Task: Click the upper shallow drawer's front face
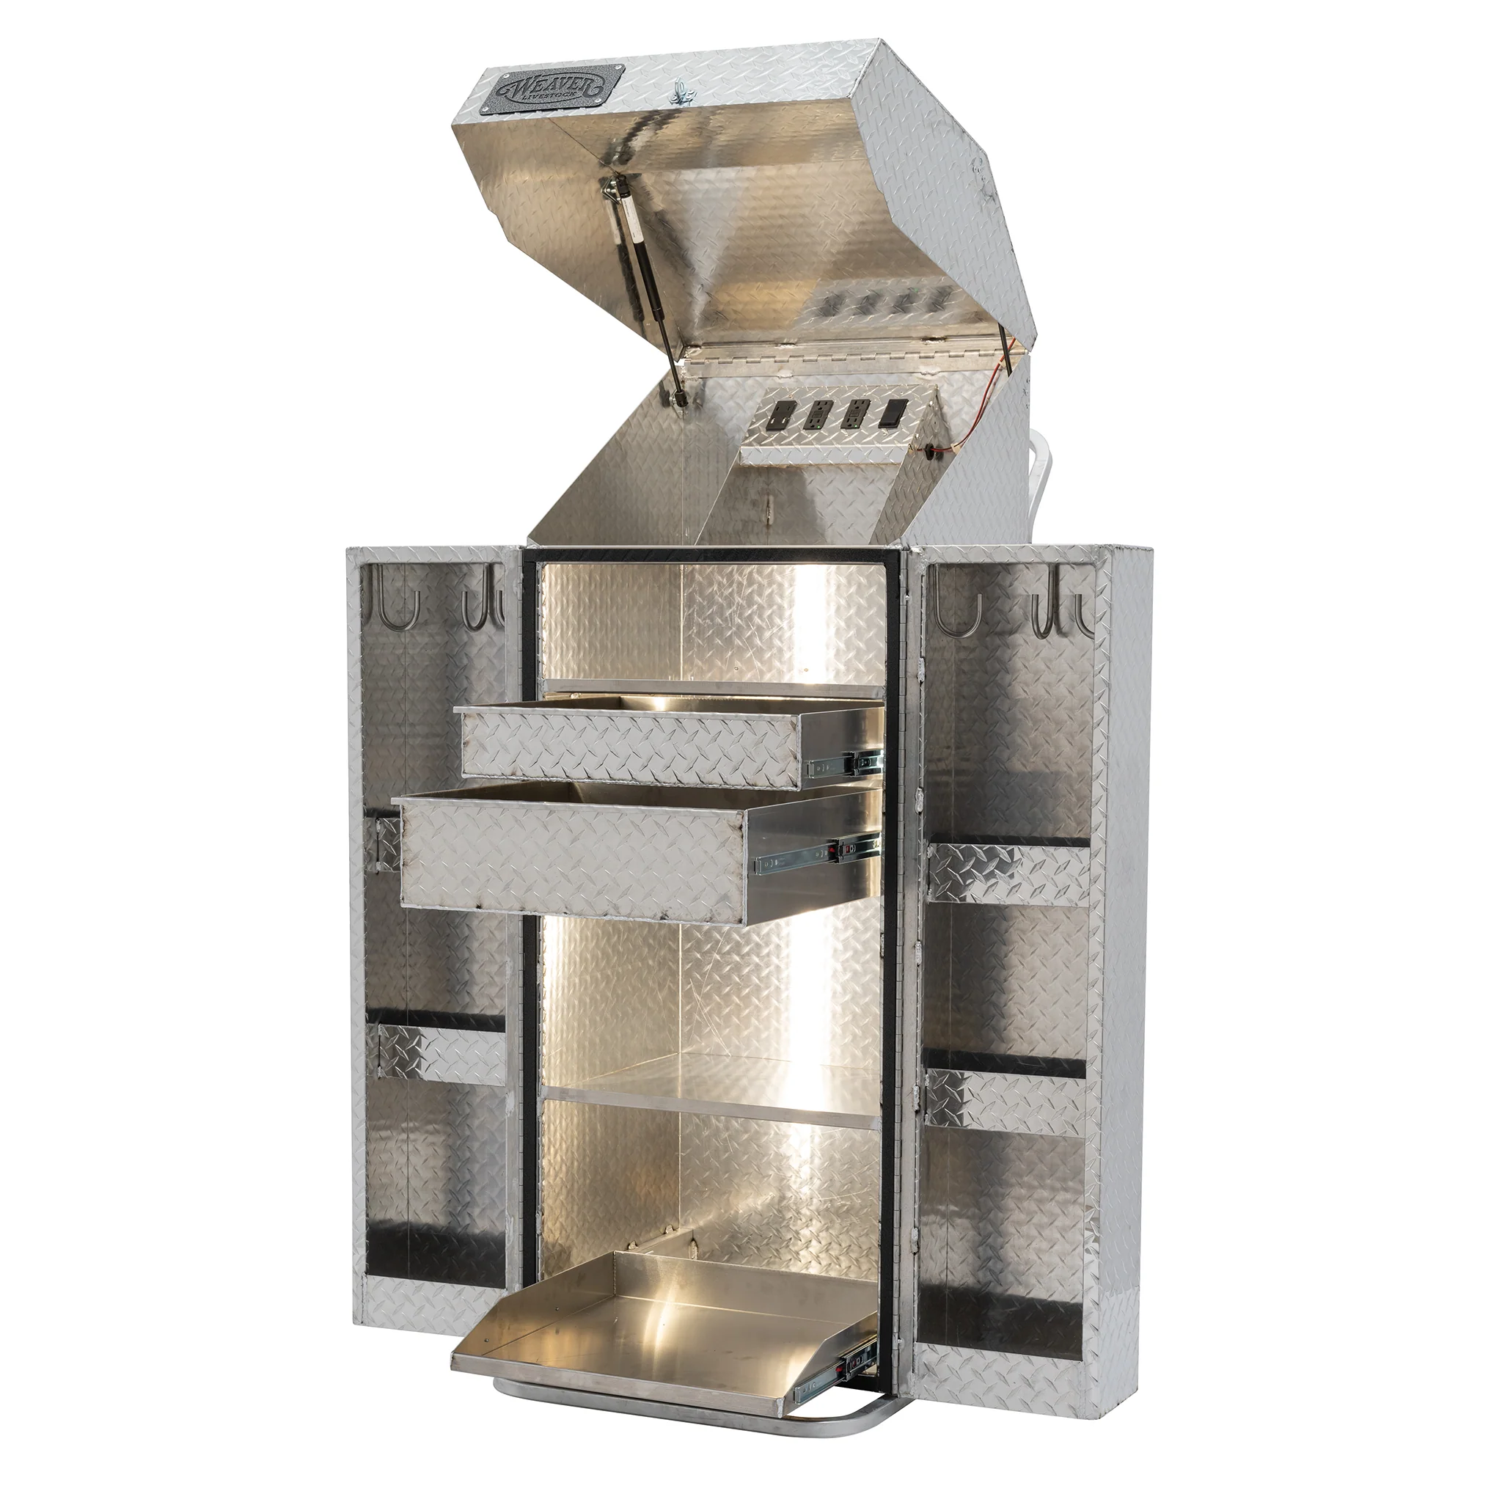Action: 630,747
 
